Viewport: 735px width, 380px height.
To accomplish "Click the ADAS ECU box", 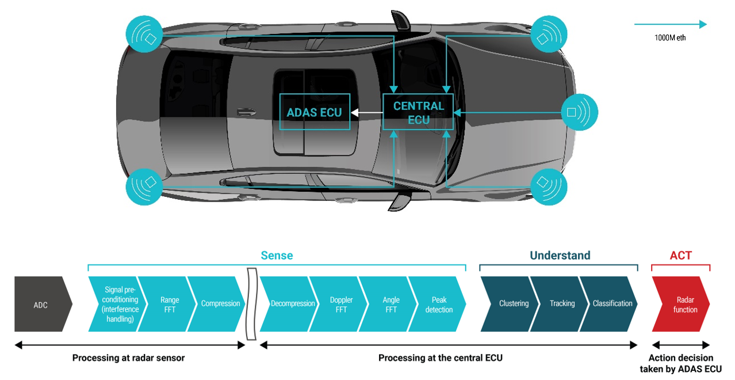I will tap(315, 112).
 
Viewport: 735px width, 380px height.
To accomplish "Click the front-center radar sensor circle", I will tap(579, 112).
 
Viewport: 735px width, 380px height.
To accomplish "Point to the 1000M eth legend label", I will tap(670, 38).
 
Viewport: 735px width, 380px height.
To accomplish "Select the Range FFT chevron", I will tap(170, 305).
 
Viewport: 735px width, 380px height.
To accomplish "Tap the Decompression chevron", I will tap(292, 304).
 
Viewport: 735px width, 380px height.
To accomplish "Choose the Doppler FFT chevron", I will tap(342, 305).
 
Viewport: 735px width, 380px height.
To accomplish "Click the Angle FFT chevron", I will tap(391, 305).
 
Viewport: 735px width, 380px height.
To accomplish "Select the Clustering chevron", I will tap(514, 304).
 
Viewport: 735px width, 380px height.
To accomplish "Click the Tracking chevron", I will tap(562, 304).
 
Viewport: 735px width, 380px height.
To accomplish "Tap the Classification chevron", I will tap(612, 304).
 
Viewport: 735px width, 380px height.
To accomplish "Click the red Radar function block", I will tap(685, 305).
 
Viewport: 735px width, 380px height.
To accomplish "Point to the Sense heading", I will tap(277, 256).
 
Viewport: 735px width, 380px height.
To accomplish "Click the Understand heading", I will tap(560, 256).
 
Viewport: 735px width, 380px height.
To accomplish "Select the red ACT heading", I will tap(680, 256).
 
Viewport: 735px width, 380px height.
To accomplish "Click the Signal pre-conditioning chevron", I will tap(120, 305).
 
